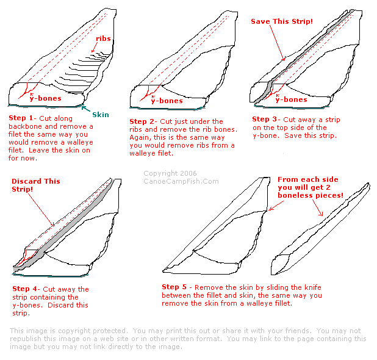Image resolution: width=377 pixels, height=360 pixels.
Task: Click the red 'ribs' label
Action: click(103, 38)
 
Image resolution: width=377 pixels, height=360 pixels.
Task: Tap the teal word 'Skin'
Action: click(101, 115)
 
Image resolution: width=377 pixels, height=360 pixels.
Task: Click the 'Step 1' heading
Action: click(21, 118)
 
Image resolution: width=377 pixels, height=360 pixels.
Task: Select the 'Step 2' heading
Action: click(142, 121)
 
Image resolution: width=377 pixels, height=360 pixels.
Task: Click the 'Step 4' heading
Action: click(24, 289)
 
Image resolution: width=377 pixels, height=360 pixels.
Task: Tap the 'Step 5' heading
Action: click(174, 287)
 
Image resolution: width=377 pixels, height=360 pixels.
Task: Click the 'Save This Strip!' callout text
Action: click(282, 21)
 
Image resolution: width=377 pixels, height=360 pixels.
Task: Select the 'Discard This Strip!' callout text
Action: click(36, 185)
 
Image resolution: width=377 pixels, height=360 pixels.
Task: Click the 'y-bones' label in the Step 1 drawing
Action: click(45, 98)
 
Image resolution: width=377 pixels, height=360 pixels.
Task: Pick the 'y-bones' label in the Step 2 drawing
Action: click(167, 100)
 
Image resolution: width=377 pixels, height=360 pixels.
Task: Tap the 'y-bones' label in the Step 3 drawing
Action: click(292, 99)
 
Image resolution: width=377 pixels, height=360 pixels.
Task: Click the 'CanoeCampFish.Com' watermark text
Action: click(181, 181)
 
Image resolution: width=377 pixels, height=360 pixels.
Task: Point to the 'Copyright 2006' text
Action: click(170, 173)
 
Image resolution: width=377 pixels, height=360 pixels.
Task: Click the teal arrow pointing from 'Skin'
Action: click(85, 109)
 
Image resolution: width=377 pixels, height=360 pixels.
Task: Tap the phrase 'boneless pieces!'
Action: click(311, 195)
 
